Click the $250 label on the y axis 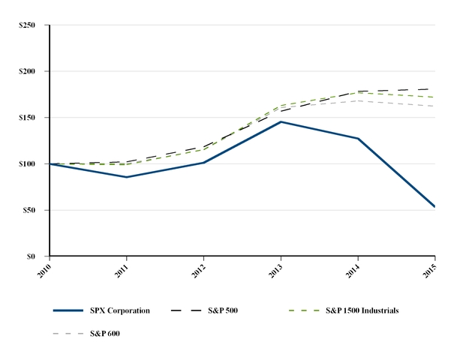pyautogui.click(x=29, y=25)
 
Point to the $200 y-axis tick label pyautogui.click(x=29, y=71)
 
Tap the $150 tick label pyautogui.click(x=29, y=118)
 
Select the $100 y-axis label pyautogui.click(x=29, y=163)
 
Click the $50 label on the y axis pyautogui.click(x=32, y=210)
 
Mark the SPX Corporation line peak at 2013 pyautogui.click(x=281, y=121)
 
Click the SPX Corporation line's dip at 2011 pyautogui.click(x=127, y=177)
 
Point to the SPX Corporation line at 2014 pyautogui.click(x=358, y=139)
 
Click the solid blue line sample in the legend pyautogui.click(x=68, y=310)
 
